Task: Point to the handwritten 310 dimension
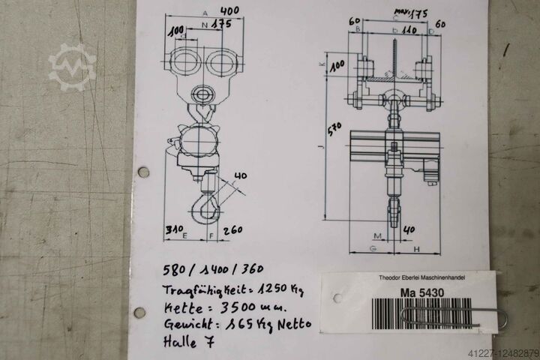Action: (174, 229)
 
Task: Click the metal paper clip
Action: (457, 316)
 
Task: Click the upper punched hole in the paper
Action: (143, 172)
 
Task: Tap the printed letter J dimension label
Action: (320, 148)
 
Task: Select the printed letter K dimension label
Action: (322, 66)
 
